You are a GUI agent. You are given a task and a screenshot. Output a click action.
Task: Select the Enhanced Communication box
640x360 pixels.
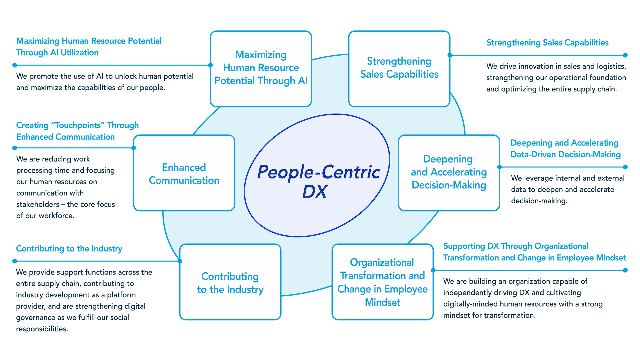click(184, 173)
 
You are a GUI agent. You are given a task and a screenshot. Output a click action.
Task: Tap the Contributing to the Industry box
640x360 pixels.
click(230, 283)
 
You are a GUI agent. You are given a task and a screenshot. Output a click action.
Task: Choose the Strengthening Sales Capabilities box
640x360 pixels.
click(399, 68)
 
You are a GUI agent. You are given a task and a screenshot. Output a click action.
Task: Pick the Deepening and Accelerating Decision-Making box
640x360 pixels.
click(449, 173)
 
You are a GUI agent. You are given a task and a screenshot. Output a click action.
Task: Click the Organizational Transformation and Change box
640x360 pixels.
click(382, 282)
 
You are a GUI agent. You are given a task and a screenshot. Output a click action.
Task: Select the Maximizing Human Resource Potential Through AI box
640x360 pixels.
click(261, 68)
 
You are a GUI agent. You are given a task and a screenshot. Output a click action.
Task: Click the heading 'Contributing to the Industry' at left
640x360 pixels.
click(69, 249)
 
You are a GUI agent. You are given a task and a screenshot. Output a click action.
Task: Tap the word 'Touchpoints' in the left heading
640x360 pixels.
click(78, 125)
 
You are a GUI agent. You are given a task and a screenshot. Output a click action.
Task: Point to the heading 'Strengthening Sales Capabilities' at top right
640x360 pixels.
click(547, 43)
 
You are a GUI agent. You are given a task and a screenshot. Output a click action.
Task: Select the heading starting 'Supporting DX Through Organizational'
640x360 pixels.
click(516, 246)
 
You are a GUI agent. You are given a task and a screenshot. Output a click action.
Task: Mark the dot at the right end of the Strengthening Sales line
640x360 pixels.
click(625, 55)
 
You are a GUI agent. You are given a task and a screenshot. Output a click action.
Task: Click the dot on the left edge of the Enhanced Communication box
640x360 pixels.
click(134, 148)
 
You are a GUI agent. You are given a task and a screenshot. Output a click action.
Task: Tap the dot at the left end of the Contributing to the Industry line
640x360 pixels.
click(14, 261)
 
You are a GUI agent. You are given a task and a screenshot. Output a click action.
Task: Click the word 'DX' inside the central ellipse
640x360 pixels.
click(315, 192)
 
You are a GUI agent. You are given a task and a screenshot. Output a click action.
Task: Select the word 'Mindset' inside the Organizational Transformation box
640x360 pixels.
click(382, 302)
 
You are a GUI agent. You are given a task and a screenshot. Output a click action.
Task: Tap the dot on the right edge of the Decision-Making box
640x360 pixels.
click(499, 167)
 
